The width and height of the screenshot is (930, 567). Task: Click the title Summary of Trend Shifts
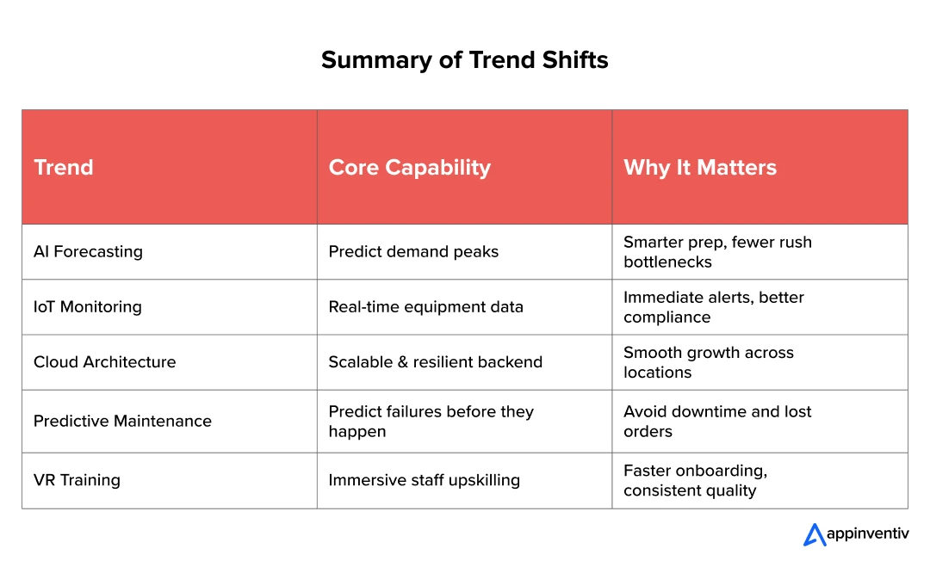tap(464, 60)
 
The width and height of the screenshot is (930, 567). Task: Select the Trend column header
tap(64, 167)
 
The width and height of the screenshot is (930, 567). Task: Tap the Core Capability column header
tap(410, 168)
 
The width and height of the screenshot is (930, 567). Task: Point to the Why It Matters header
tap(700, 168)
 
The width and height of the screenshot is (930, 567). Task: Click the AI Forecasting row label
tap(88, 252)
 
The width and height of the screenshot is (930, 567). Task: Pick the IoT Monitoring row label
tap(87, 307)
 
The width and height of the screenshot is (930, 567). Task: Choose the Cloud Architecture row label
tap(104, 362)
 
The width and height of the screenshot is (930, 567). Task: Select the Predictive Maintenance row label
tap(122, 422)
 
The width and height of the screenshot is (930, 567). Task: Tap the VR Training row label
tap(77, 480)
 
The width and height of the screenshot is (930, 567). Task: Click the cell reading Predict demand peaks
tap(413, 252)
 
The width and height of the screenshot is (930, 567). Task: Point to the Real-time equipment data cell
tap(426, 307)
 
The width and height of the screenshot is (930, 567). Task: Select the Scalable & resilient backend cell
tap(436, 362)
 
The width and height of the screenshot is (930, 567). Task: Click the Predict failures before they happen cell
tap(431, 422)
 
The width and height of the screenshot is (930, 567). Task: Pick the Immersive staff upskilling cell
tap(424, 480)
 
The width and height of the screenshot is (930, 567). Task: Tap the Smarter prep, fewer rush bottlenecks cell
tap(717, 252)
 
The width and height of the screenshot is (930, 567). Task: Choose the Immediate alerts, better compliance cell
tap(714, 307)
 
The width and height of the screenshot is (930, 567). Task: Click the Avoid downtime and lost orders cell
tap(717, 422)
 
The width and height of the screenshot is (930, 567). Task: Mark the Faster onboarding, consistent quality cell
tap(695, 480)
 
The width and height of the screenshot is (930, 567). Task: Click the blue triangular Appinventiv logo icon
tap(815, 534)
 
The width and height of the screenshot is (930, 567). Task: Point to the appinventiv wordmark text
tap(868, 533)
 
